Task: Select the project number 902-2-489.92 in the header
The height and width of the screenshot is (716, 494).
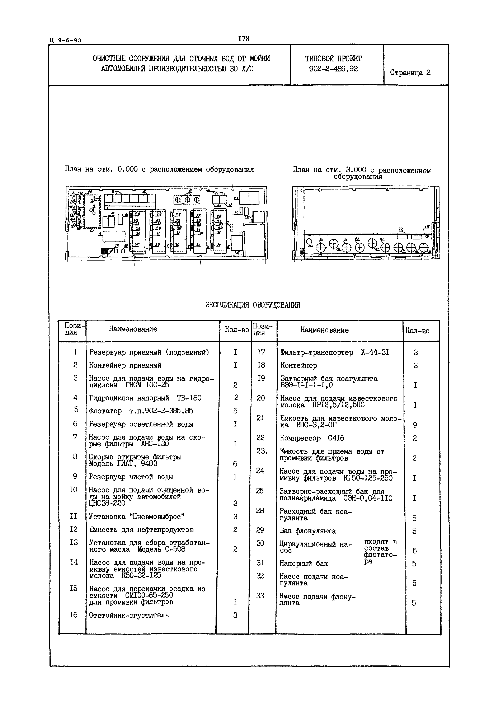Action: (333, 69)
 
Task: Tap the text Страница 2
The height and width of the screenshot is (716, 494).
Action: (410, 73)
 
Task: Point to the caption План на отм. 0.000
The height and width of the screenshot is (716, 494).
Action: (159, 169)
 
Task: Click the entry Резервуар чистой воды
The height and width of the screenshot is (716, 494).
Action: (131, 477)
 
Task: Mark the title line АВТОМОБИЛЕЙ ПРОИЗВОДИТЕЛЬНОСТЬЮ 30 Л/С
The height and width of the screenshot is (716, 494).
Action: (177, 68)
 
